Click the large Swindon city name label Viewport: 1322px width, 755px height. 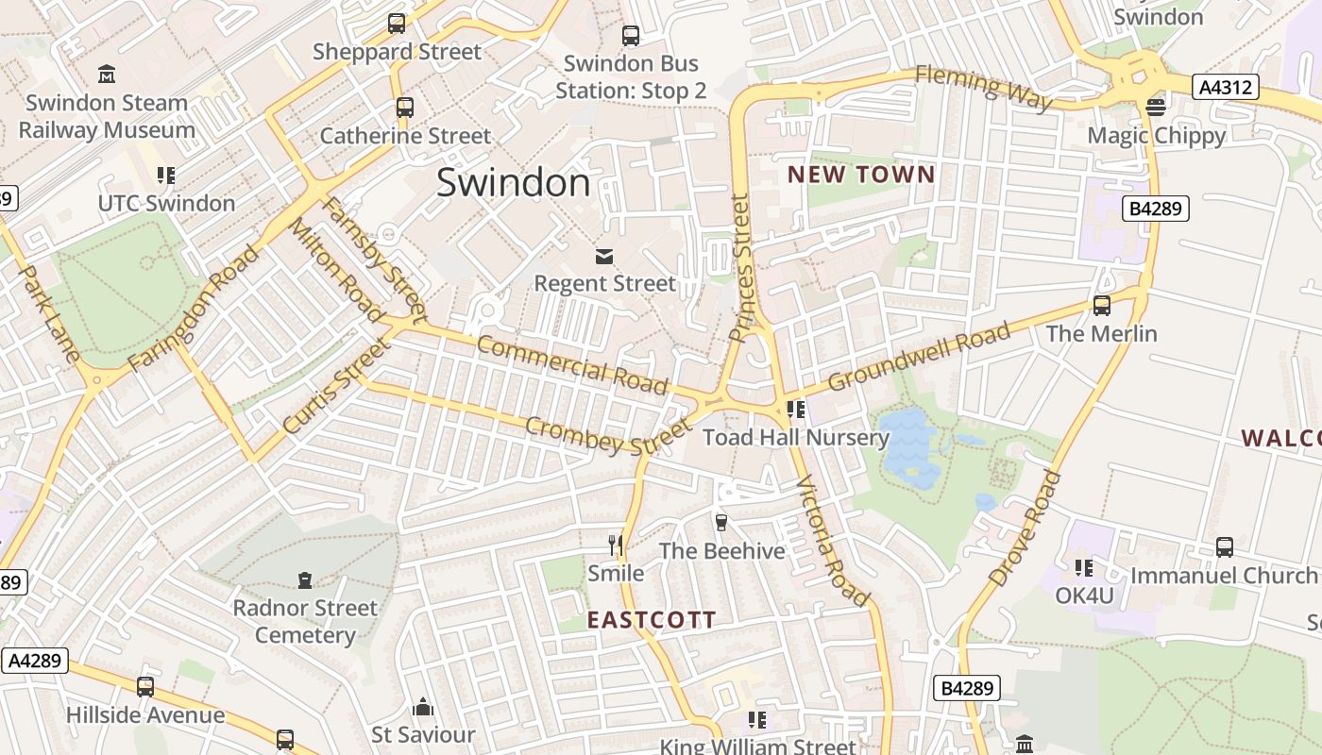[x=513, y=182]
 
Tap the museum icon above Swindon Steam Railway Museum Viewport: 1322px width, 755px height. [x=107, y=74]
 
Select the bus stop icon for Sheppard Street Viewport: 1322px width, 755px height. [x=397, y=24]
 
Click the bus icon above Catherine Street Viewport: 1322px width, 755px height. [x=405, y=108]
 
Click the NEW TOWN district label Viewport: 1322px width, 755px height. [x=860, y=175]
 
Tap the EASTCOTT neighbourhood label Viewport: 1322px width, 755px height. [x=652, y=620]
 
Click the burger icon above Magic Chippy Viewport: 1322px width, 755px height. [x=1156, y=107]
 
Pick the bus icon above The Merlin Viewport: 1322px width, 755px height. [x=1101, y=306]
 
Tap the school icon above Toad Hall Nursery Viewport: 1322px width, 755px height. [x=795, y=410]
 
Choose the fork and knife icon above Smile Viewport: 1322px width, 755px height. [x=616, y=545]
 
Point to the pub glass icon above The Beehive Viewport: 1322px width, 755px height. [x=721, y=522]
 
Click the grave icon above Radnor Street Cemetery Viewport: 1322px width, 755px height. [x=305, y=579]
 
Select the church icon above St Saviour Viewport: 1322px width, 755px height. [x=422, y=706]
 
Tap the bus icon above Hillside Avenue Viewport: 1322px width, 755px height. [x=145, y=687]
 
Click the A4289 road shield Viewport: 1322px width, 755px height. [x=35, y=660]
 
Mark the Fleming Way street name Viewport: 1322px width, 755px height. [x=983, y=87]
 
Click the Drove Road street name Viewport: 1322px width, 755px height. [x=1025, y=528]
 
